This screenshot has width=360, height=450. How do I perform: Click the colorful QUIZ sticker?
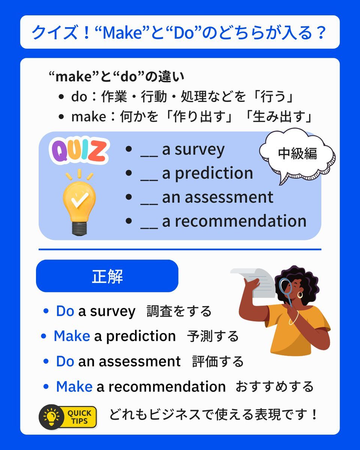[79, 150]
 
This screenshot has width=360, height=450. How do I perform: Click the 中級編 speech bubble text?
[297, 153]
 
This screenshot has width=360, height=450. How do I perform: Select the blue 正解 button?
[107, 276]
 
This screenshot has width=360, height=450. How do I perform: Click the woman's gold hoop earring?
[300, 295]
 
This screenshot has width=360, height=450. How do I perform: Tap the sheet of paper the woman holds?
[255, 281]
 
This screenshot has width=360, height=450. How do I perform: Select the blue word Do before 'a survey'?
[65, 311]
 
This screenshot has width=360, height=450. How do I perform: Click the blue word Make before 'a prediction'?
[72, 336]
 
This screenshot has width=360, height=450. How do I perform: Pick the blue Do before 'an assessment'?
[65, 361]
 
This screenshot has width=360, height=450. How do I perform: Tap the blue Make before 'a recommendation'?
[74, 386]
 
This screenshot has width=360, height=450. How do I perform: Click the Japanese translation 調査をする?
[179, 311]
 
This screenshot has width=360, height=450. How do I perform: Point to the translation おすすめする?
[274, 386]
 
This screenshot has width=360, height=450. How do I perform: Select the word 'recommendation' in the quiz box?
[240, 221]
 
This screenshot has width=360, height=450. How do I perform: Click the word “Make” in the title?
[120, 32]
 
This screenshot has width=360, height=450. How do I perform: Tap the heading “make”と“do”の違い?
[116, 76]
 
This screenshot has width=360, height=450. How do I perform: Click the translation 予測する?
[213, 336]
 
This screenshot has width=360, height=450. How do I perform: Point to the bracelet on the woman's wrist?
[294, 318]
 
